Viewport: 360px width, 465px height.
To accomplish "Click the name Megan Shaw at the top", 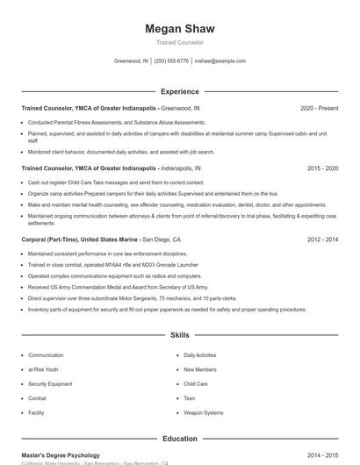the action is (x=179, y=29).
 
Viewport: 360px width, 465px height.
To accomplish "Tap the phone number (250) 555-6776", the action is (x=171, y=61).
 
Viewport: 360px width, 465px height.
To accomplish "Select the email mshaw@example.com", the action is (x=220, y=61).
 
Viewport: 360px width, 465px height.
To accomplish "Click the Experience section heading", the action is (x=179, y=91).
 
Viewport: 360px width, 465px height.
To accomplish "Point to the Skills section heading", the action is (x=179, y=335).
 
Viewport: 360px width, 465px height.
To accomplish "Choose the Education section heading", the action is (x=179, y=439).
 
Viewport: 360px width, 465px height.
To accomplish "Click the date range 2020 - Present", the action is (x=319, y=108).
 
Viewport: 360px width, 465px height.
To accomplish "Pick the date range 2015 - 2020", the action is (x=322, y=168).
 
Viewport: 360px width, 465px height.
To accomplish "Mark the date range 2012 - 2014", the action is (x=322, y=239).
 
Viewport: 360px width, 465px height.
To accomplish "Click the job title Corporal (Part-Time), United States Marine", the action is (x=81, y=239).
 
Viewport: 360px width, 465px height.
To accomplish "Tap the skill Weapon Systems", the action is (x=203, y=412).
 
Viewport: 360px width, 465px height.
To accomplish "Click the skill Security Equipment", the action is (x=50, y=383).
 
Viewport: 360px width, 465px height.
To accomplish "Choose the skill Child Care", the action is (x=196, y=383).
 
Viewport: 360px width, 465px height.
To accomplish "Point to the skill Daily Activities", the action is (x=200, y=355).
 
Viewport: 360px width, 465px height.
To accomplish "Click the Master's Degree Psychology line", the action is (x=61, y=455).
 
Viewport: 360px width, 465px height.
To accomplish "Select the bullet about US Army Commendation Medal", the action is (x=118, y=287).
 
